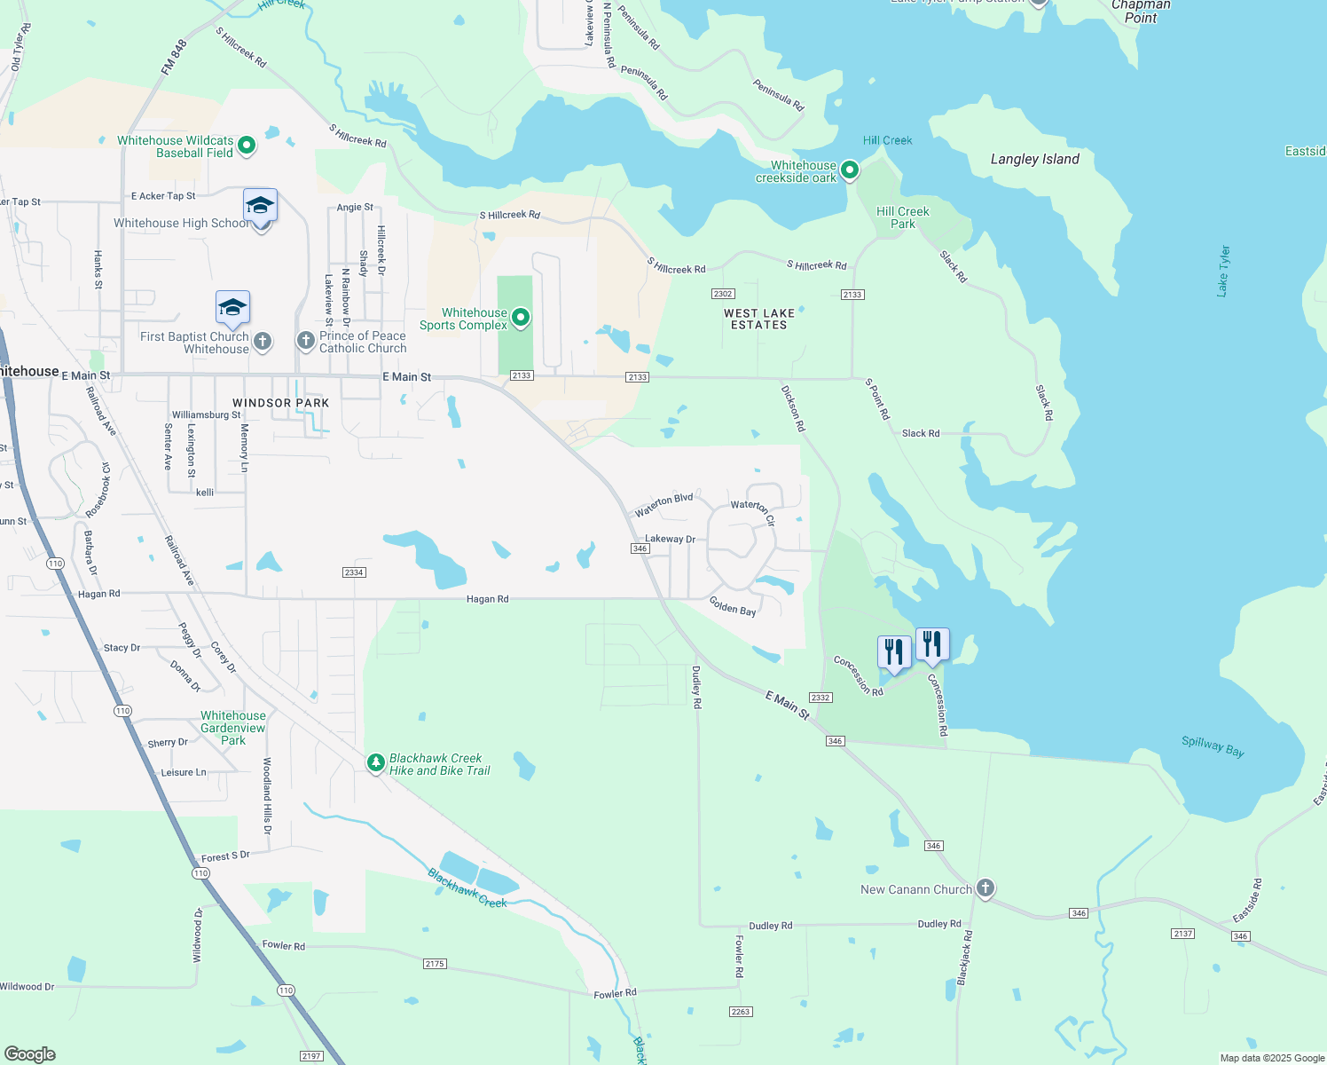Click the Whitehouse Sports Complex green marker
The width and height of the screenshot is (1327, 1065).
[x=521, y=318]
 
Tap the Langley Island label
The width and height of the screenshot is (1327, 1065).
[x=1034, y=160]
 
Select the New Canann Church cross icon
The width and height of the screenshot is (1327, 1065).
[x=985, y=887]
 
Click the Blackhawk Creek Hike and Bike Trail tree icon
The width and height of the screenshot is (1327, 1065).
[x=376, y=762]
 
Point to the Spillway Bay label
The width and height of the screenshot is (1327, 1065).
[x=1213, y=746]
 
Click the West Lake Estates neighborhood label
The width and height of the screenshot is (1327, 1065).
[x=759, y=319]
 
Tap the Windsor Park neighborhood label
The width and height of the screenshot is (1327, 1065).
[x=280, y=403]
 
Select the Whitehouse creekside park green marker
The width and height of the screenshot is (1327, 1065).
[x=850, y=170]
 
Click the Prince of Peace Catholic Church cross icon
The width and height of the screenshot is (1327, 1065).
[x=305, y=341]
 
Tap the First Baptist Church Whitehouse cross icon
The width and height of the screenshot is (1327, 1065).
[x=262, y=342]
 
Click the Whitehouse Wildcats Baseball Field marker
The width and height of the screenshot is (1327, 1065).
[x=247, y=146]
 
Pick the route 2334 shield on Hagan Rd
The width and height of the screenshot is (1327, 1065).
[x=354, y=572]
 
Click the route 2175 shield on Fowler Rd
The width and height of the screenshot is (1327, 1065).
[x=435, y=964]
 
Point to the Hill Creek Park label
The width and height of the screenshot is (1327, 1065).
[x=902, y=217]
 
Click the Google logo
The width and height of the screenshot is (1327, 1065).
[x=30, y=1054]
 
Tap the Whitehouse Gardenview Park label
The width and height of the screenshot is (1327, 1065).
[x=232, y=728]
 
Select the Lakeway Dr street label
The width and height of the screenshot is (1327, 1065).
[x=670, y=539]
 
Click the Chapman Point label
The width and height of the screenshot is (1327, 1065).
[x=1141, y=12]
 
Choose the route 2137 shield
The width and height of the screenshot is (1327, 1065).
[x=1182, y=934]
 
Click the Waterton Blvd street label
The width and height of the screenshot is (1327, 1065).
[x=663, y=504]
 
